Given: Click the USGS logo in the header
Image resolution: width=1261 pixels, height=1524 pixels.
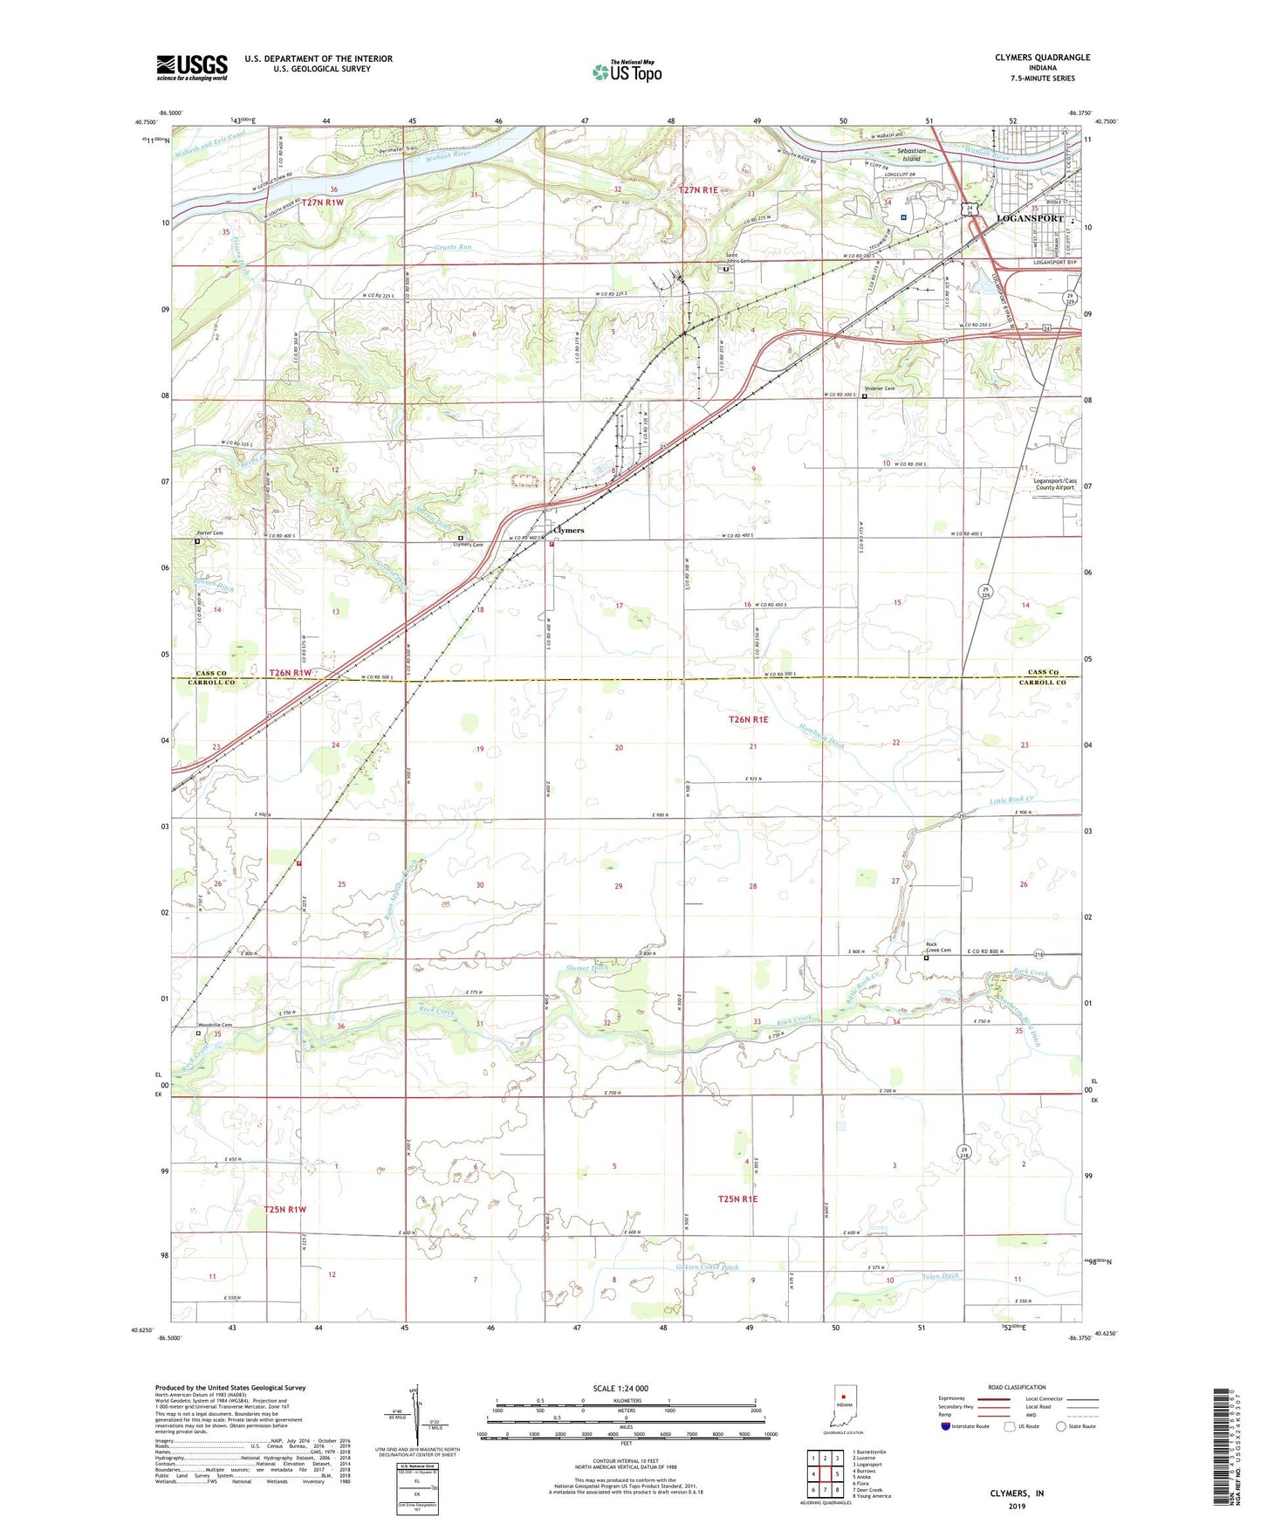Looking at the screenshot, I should pyautogui.click(x=192, y=67).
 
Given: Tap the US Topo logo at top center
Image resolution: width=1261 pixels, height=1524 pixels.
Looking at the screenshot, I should pyautogui.click(x=627, y=72).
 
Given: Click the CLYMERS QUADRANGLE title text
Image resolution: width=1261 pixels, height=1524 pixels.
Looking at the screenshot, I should pyautogui.click(x=1042, y=58).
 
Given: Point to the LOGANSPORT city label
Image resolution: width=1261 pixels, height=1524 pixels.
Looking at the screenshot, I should pyautogui.click(x=1030, y=218).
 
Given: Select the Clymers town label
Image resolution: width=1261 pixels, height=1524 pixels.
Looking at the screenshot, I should pyautogui.click(x=568, y=530).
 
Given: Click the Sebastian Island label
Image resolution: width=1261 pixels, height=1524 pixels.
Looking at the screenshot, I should pyautogui.click(x=912, y=155).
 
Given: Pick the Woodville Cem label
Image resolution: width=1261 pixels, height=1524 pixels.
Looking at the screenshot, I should pyautogui.click(x=215, y=1026).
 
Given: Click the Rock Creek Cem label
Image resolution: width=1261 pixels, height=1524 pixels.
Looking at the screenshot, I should pyautogui.click(x=937, y=948).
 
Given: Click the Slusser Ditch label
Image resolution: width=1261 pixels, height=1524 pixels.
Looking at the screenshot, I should pyautogui.click(x=587, y=968).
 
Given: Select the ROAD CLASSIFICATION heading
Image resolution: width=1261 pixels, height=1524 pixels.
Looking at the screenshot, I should pyautogui.click(x=1017, y=1387).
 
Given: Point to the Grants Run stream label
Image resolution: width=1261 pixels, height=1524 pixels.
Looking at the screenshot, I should pyautogui.click(x=453, y=247).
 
